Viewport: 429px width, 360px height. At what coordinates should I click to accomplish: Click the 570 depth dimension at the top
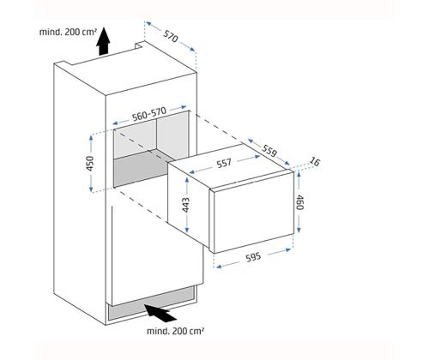171,36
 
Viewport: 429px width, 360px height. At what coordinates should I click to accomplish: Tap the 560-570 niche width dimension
148,114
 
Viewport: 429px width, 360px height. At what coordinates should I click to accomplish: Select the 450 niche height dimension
90,164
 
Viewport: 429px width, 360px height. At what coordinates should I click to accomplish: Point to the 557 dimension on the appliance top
224,164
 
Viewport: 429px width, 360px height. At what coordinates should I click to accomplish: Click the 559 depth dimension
269,151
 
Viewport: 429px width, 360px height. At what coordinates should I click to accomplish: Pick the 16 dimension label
314,162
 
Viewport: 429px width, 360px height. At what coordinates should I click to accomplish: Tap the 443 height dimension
186,205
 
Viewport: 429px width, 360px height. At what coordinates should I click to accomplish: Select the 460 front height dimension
299,202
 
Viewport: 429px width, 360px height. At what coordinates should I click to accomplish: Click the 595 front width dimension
254,257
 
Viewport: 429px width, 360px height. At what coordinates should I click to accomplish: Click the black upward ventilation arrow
103,41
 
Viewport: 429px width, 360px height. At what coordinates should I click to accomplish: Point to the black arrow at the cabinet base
160,315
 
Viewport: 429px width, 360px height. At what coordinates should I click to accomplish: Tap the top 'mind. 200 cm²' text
68,32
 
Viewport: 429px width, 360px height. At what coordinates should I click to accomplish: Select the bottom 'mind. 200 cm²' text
176,331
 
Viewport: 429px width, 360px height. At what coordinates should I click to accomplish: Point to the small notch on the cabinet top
140,45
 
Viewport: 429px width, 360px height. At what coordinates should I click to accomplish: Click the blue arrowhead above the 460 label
299,174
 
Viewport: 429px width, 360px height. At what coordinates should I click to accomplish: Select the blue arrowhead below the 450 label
91,189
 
